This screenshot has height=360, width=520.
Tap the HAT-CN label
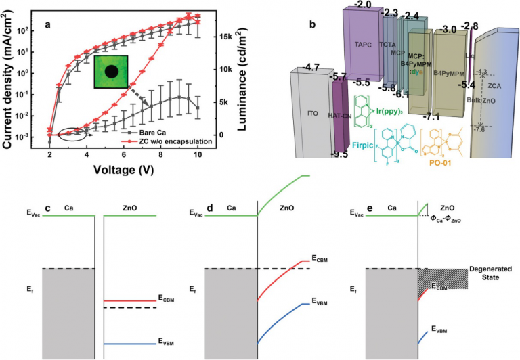339,116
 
